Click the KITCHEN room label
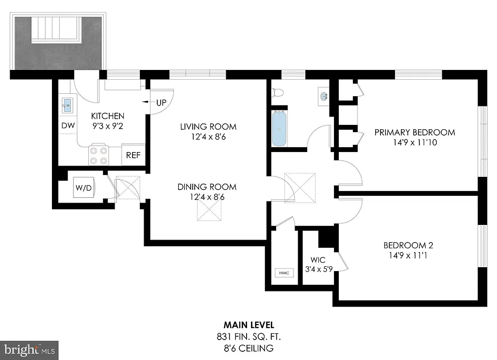tap(108, 116)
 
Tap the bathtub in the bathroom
tap(280, 129)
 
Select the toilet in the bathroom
tap(278, 92)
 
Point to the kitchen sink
tap(67, 104)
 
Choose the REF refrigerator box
tap(133, 155)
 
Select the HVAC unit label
tap(284, 273)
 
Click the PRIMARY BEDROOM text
tap(414, 132)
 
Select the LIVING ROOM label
tap(208, 127)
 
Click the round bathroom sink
tap(324, 96)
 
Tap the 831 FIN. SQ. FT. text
tap(249, 336)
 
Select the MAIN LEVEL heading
tap(249, 325)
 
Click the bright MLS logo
tap(29, 349)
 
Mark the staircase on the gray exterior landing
tap(54, 31)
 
